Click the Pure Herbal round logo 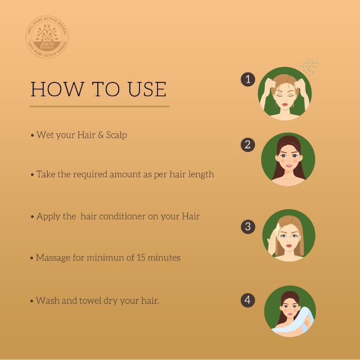tap(47, 37)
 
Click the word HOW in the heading tap(58, 89)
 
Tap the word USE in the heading tap(147, 89)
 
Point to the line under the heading tap(99, 106)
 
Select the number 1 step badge tap(248, 80)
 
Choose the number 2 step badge tap(248, 144)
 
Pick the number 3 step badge tap(248, 227)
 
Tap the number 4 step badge tap(248, 300)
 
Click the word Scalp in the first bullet tap(117, 135)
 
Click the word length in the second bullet tap(201, 175)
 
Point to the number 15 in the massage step tap(141, 257)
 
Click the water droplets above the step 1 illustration tap(309, 66)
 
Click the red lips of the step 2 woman tap(288, 166)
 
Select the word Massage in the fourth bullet tap(53, 258)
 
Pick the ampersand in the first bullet tap(100, 135)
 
